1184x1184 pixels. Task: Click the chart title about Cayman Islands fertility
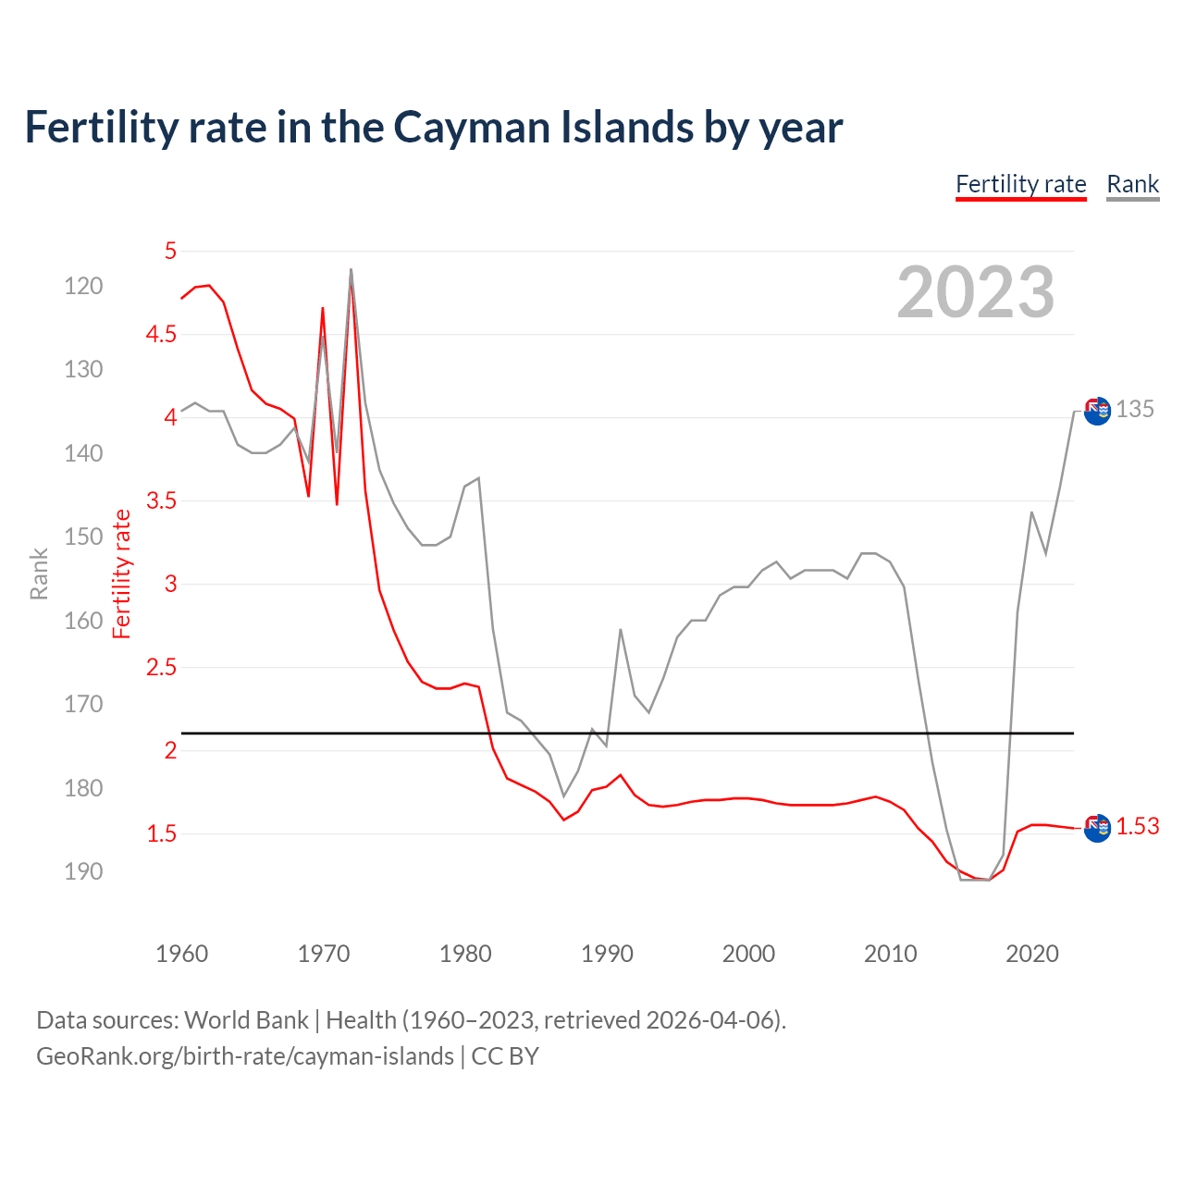tap(433, 128)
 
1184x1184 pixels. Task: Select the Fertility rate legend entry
tap(1020, 184)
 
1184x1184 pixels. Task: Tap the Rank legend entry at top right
tap(1132, 184)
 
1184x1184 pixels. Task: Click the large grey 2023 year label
tap(975, 292)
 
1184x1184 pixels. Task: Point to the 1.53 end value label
tap(1137, 826)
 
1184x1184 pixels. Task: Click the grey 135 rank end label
tap(1134, 409)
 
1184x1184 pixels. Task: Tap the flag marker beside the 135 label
tap(1097, 411)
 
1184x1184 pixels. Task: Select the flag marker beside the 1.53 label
tap(1097, 828)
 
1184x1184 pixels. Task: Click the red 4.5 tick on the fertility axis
tap(161, 334)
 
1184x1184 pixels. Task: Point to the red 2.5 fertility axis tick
tap(161, 668)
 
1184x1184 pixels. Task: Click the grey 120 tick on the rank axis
tap(83, 286)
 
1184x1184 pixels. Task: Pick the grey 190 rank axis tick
tap(83, 871)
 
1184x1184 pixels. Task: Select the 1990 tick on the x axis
tap(607, 954)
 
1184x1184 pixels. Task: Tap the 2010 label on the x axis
tap(890, 954)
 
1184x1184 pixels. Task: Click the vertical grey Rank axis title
tap(39, 573)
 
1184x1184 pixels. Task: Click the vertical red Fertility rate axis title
tap(121, 573)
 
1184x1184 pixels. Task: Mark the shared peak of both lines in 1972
tap(351, 271)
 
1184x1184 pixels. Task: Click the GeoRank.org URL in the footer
tap(245, 1056)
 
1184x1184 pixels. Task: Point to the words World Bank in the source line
tap(246, 1020)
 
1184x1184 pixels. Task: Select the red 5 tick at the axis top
tap(170, 251)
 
